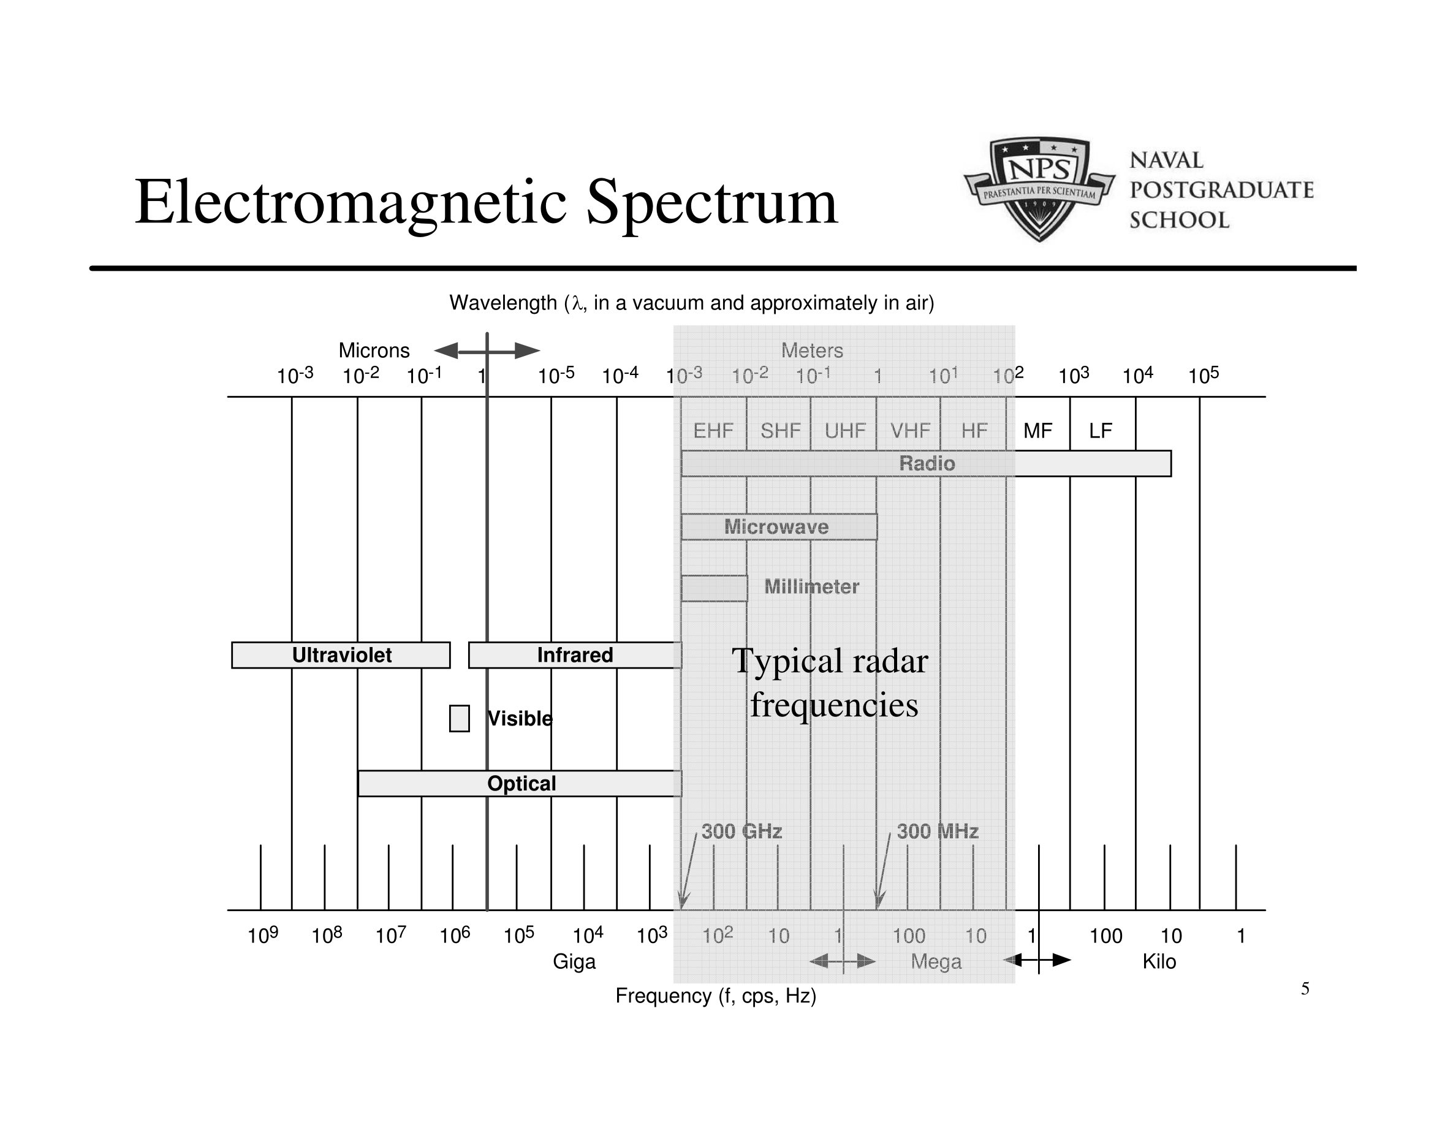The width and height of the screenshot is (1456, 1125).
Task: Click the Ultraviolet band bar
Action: point(341,655)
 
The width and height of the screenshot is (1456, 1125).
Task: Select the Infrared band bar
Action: point(575,655)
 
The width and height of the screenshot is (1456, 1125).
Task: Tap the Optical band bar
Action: point(520,784)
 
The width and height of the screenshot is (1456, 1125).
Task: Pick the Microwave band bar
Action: point(779,526)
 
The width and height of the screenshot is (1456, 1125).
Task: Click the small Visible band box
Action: point(460,719)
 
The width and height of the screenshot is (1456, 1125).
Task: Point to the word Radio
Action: point(927,463)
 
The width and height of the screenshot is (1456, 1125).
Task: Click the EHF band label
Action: point(713,431)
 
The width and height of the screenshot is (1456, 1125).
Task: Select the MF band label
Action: point(1037,431)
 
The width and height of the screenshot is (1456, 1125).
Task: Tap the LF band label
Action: point(1101,431)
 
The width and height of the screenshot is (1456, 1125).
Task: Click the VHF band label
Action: point(910,431)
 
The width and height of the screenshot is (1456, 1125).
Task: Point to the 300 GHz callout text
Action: point(741,831)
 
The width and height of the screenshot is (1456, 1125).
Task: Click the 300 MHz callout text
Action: point(938,831)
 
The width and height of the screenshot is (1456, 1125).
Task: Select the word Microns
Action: point(374,350)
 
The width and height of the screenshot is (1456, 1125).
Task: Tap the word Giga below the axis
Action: point(574,962)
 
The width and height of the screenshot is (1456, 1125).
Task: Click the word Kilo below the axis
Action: point(1159,962)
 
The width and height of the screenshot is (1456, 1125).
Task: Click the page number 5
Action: point(1305,988)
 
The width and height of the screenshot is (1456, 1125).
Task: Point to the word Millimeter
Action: point(811,586)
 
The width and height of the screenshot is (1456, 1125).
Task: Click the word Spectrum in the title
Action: point(711,202)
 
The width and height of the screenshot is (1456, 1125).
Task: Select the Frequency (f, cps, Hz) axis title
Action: point(716,996)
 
